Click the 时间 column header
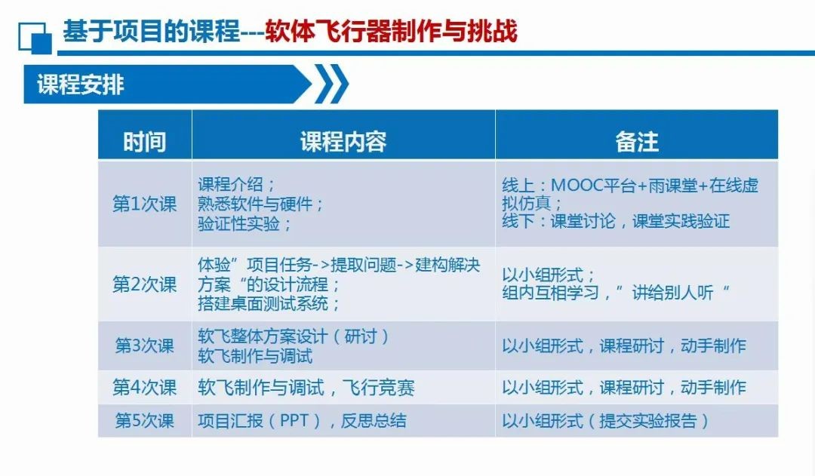pyautogui.click(x=144, y=141)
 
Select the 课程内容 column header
pyautogui.click(x=343, y=141)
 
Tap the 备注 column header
pyautogui.click(x=637, y=141)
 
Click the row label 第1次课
pyautogui.click(x=144, y=204)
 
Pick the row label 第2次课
pyautogui.click(x=144, y=284)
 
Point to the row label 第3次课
pyautogui.click(x=144, y=345)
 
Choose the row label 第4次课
pyautogui.click(x=144, y=388)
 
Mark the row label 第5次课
pyautogui.click(x=144, y=421)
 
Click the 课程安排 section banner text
pyautogui.click(x=81, y=84)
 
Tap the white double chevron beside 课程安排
pyautogui.click(x=331, y=84)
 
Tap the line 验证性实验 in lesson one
pyautogui.click(x=244, y=224)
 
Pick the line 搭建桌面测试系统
pyautogui.click(x=269, y=304)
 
